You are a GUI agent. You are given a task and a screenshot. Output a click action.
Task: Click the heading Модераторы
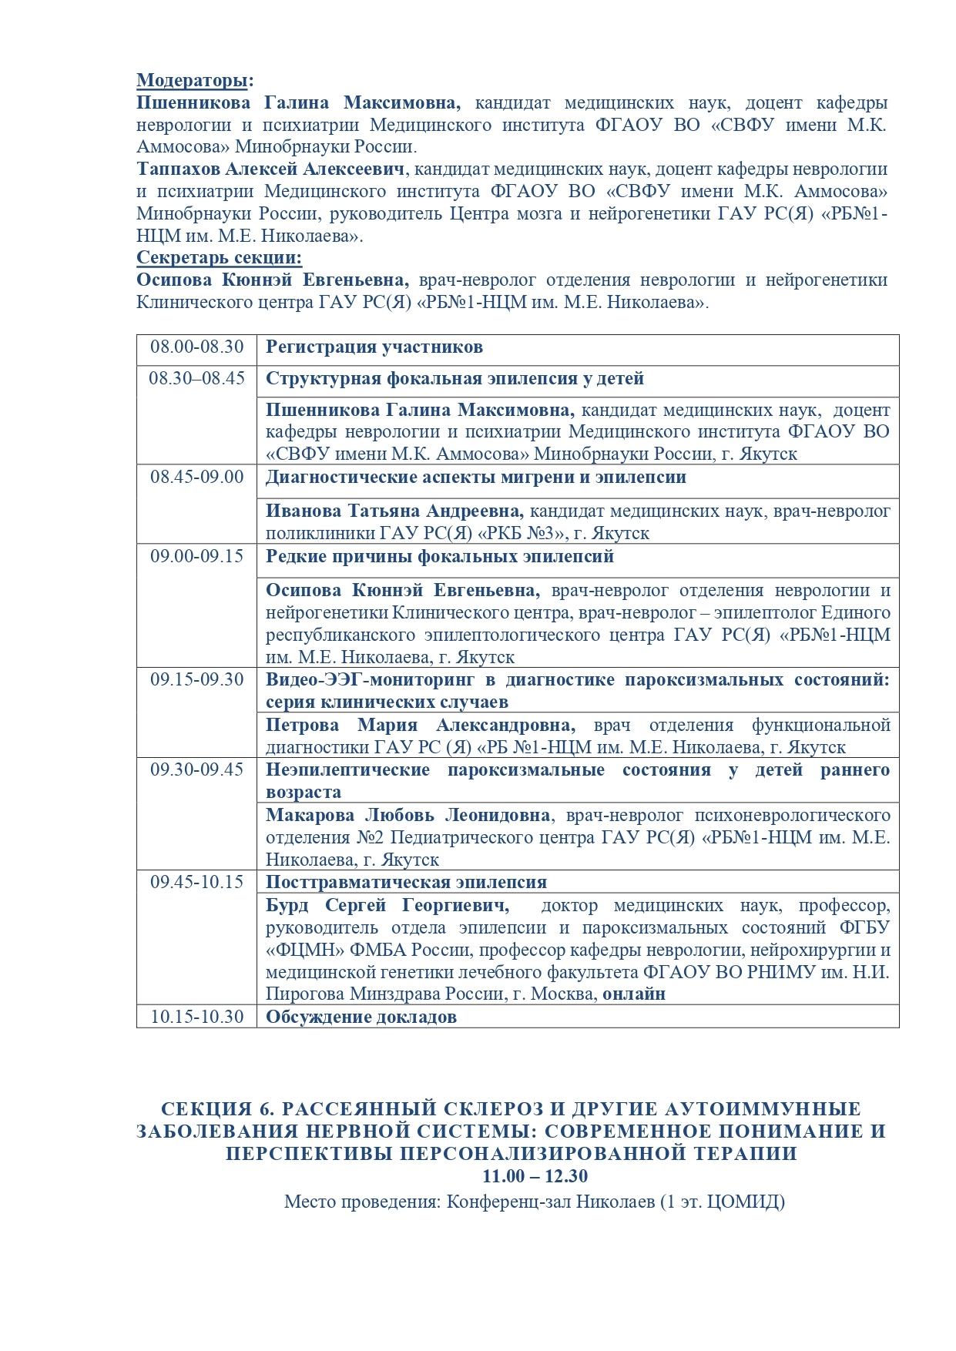pos(195,81)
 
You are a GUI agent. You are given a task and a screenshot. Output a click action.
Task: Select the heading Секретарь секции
pos(219,258)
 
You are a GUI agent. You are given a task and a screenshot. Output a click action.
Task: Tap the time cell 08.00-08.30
pos(196,347)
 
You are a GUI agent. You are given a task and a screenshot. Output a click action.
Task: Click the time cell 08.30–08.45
pos(196,378)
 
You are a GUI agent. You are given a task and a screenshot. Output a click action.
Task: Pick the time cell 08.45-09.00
pos(196,477)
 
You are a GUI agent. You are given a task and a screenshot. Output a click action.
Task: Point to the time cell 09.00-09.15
pos(196,556)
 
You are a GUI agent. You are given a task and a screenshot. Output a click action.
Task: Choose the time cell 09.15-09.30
pos(196,679)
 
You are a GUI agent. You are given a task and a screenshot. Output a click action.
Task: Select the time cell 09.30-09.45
pos(196,769)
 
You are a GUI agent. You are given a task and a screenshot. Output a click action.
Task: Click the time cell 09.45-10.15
pos(196,882)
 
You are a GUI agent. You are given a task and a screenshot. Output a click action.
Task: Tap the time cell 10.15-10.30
pos(196,1017)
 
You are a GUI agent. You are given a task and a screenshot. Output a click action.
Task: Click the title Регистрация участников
pos(374,347)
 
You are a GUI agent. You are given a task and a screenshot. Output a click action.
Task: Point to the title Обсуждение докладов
pos(361,1017)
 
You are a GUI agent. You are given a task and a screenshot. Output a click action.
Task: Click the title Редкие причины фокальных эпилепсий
pos(440,557)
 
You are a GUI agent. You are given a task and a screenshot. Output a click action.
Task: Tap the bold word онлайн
pos(634,994)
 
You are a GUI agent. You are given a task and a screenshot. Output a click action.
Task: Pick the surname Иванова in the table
pos(303,511)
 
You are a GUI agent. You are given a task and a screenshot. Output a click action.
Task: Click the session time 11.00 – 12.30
pos(535,1176)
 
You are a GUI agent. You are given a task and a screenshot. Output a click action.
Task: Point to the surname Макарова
pos(308,815)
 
